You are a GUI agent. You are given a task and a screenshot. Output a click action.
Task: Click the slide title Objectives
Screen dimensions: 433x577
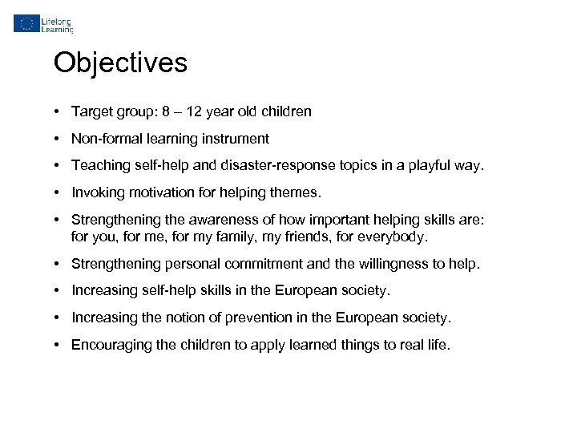tap(120, 63)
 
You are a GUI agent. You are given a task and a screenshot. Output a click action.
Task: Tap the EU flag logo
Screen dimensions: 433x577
tap(26, 23)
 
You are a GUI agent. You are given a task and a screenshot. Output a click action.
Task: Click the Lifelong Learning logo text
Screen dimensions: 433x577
tap(57, 23)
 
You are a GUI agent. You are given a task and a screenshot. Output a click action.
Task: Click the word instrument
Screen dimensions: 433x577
tap(238, 139)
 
